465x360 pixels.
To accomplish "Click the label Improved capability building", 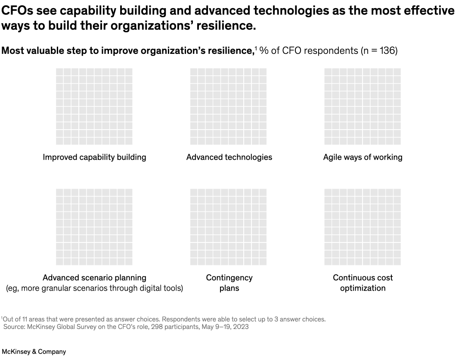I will click(94, 157).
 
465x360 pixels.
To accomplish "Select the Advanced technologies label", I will click(229, 157).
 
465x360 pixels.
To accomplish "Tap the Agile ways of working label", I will click(363, 157).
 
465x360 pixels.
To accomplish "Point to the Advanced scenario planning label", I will click(94, 278).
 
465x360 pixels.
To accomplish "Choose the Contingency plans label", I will click(229, 283).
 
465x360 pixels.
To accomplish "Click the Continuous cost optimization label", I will click(363, 283).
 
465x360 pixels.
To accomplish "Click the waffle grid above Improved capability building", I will click(94, 106).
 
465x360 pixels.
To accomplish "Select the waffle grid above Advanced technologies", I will click(228, 106).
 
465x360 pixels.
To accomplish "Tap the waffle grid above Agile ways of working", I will click(363, 106).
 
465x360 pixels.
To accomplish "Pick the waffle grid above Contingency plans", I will click(228, 227).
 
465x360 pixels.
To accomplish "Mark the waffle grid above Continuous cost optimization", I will click(363, 227).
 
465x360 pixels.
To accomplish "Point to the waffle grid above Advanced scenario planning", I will click(94, 227).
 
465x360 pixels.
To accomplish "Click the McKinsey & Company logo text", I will click(34, 352).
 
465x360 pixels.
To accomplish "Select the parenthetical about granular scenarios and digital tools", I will click(94, 289).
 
